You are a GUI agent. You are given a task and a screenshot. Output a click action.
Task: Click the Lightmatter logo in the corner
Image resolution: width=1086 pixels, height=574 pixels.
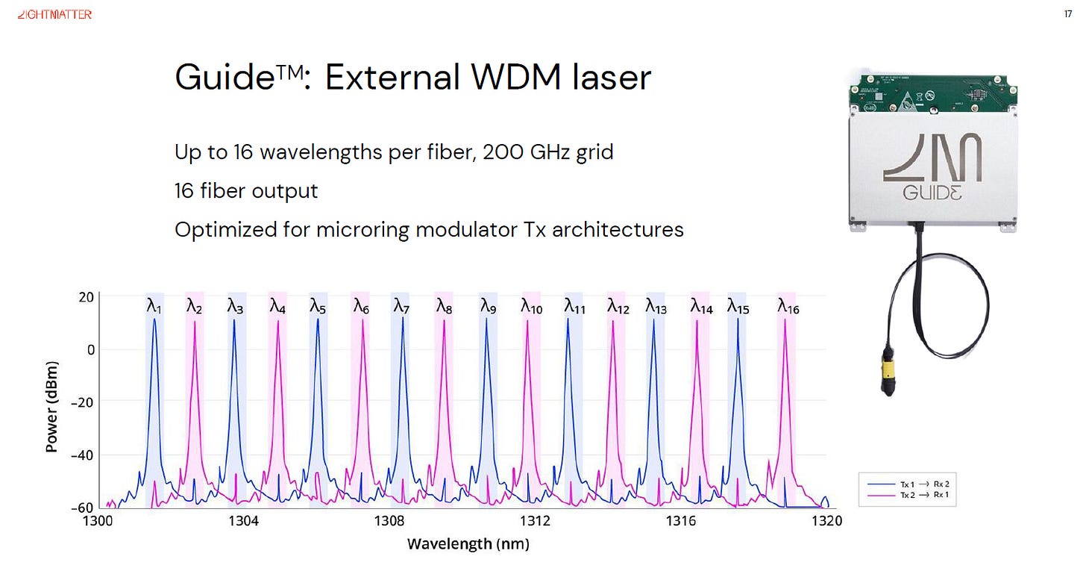[x=54, y=15]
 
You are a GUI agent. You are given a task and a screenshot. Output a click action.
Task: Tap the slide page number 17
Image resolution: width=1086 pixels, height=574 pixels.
[x=1067, y=14]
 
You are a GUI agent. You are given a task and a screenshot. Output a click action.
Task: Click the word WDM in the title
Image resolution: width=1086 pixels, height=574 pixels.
[x=515, y=77]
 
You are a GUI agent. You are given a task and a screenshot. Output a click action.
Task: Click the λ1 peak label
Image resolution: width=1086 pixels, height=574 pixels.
[x=154, y=306]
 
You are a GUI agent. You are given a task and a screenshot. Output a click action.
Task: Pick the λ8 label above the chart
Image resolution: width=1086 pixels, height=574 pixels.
[x=444, y=306]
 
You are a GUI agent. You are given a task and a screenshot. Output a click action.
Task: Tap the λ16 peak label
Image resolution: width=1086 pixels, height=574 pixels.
[x=788, y=306]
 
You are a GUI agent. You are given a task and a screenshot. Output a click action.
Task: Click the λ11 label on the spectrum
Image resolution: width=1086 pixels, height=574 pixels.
[x=575, y=306]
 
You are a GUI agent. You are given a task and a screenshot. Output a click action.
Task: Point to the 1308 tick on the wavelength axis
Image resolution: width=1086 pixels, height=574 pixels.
[x=389, y=520]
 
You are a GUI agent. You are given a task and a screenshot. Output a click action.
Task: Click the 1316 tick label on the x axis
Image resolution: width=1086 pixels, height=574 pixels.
[x=681, y=520]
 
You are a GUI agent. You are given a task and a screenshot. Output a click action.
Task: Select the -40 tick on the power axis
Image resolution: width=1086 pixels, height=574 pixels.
[x=82, y=455]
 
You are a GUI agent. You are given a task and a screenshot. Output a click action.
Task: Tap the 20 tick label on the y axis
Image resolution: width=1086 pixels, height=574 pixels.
[x=87, y=297]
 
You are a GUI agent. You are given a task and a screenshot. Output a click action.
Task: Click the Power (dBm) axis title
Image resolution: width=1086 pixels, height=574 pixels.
[x=51, y=407]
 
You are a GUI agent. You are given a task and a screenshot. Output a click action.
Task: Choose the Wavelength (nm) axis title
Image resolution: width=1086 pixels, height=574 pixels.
[x=468, y=544]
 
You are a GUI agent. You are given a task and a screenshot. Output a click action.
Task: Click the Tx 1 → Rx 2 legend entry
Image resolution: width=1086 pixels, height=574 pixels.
[x=908, y=484]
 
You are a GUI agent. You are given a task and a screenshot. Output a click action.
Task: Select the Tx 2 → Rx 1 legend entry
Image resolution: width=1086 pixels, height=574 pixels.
[x=908, y=495]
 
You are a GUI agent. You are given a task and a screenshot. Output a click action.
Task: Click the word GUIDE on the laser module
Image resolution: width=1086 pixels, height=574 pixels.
[x=932, y=193]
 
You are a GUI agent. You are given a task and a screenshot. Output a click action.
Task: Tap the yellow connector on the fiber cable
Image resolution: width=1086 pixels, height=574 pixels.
[x=888, y=369]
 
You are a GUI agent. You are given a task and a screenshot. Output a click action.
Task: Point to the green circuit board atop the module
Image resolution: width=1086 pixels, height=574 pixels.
[x=933, y=93]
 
